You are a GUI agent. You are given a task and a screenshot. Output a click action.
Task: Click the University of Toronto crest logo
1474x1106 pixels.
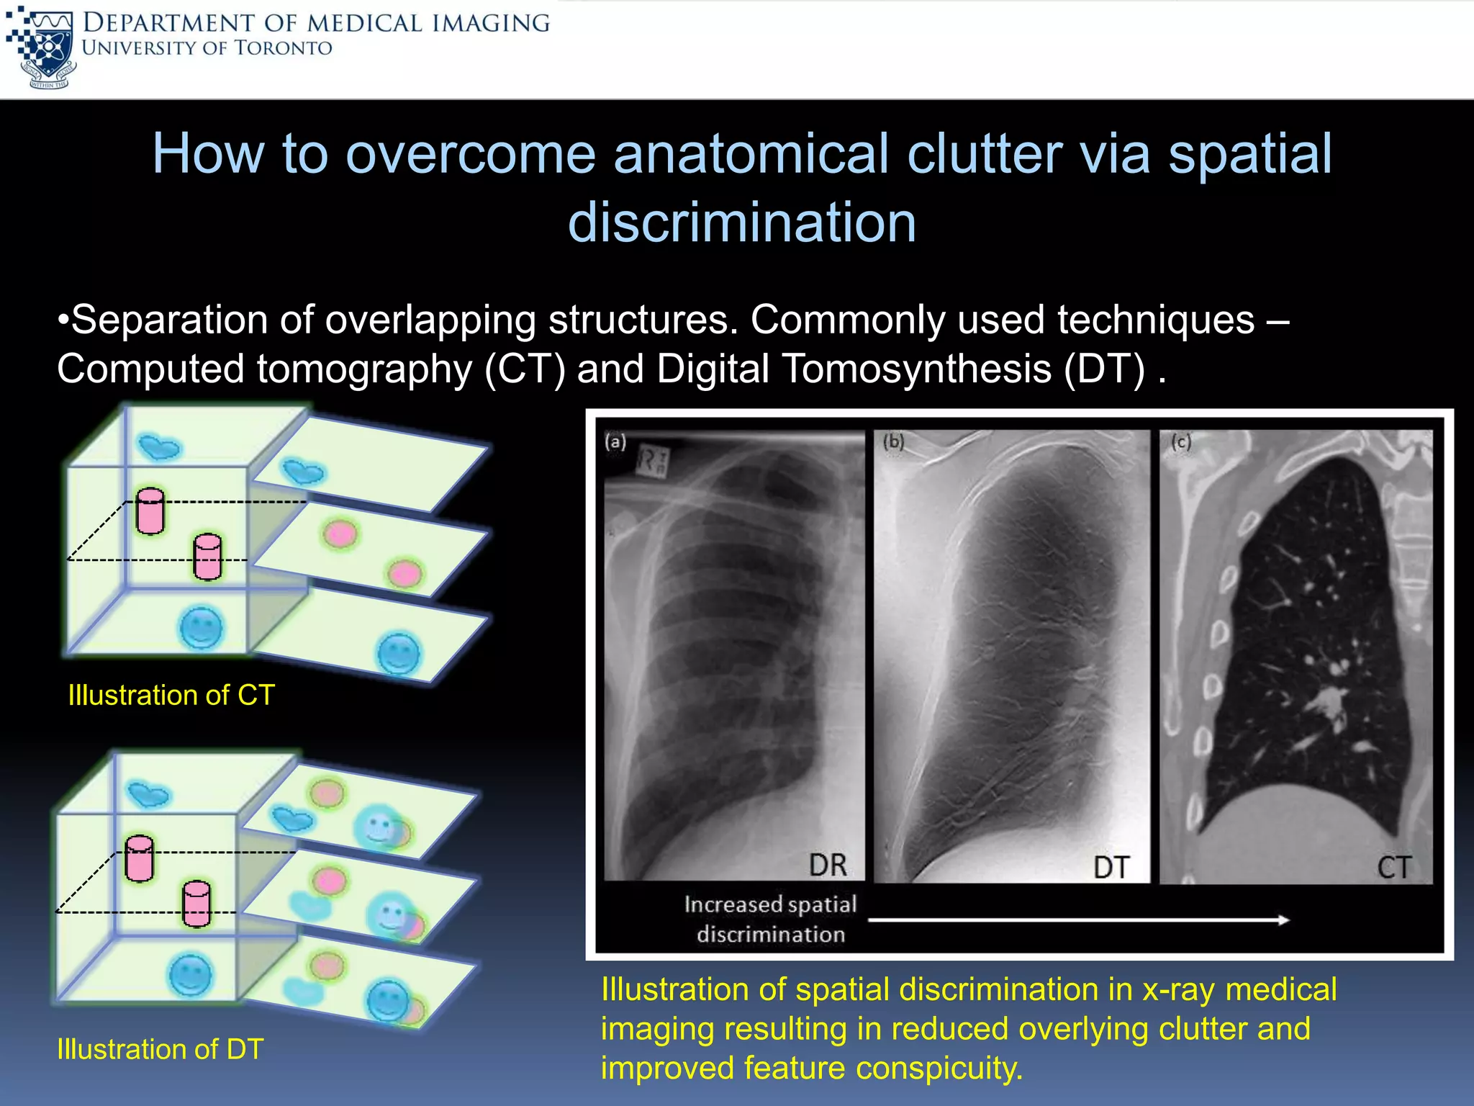point(42,48)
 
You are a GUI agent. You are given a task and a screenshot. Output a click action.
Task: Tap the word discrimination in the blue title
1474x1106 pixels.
point(742,222)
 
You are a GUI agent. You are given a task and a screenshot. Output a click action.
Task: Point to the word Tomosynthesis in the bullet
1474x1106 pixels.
point(916,369)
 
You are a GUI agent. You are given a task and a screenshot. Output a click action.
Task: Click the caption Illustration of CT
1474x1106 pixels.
point(171,695)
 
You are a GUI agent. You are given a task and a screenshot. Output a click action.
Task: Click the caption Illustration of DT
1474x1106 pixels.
point(160,1049)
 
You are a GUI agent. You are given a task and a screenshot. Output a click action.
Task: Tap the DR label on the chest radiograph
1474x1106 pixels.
point(828,865)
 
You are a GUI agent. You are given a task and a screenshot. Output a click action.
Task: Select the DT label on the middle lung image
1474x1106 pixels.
point(1111,867)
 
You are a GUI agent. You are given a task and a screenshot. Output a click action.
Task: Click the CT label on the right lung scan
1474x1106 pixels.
point(1394,867)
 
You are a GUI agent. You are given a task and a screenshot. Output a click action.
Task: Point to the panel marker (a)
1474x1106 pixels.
point(615,441)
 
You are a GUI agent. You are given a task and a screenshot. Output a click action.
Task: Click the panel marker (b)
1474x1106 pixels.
point(893,441)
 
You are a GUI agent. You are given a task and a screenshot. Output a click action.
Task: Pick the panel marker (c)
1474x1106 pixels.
point(1181,441)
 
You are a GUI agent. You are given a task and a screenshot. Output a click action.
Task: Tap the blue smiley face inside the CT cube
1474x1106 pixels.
point(202,628)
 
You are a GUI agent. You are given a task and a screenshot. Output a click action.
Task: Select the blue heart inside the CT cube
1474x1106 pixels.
point(159,447)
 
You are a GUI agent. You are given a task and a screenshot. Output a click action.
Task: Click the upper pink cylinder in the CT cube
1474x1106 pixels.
point(150,511)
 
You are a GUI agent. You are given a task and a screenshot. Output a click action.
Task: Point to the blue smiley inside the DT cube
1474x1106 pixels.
point(190,976)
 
